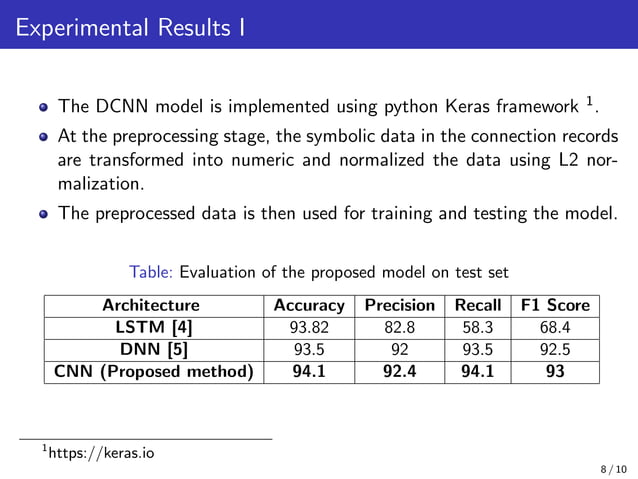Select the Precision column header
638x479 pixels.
(399, 305)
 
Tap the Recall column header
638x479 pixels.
(477, 305)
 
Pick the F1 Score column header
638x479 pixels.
(553, 305)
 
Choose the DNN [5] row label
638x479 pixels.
(151, 349)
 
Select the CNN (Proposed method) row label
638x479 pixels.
(151, 372)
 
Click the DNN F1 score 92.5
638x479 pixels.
(553, 349)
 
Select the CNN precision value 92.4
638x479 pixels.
(399, 372)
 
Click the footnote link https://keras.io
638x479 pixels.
(101, 453)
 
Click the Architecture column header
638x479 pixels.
(151, 305)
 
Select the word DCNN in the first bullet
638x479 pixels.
(121, 105)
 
